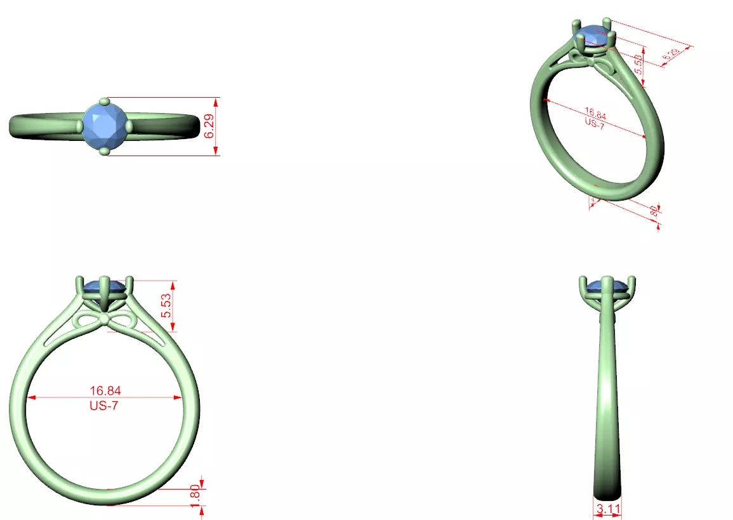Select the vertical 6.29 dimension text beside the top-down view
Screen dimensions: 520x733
[x=209, y=126]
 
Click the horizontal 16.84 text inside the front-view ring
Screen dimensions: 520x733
[x=105, y=390]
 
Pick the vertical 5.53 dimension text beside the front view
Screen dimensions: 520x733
[x=166, y=306]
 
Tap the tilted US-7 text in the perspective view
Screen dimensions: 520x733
[x=594, y=124]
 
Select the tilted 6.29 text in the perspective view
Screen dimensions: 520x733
[x=670, y=55]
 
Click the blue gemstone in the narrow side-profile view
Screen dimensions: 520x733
[x=607, y=288]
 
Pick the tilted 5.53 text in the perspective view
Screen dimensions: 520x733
[x=638, y=64]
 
